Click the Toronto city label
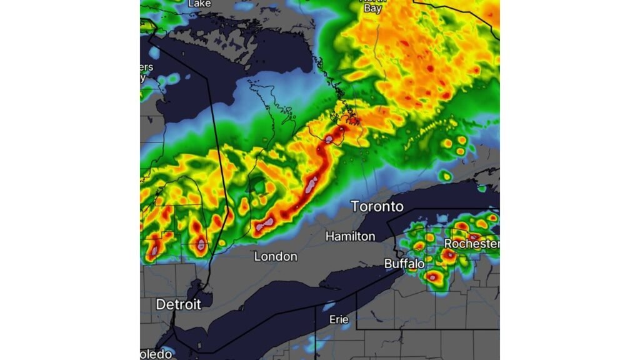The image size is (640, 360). (x=377, y=206)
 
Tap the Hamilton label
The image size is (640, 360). (x=350, y=236)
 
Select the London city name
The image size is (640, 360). (x=276, y=256)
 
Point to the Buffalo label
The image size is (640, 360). (x=404, y=264)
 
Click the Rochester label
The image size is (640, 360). (x=472, y=243)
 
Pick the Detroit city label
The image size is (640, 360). (x=178, y=305)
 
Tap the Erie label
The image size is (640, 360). (x=339, y=319)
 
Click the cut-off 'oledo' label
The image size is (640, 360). (x=156, y=354)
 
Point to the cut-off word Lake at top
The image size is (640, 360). (x=199, y=4)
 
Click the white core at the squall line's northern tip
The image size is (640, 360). (x=329, y=138)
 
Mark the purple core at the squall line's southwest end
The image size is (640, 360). (x=267, y=223)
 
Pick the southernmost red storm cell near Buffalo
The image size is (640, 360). (x=432, y=276)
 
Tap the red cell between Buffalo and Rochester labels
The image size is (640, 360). (x=449, y=255)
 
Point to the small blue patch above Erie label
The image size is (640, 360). (x=329, y=306)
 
